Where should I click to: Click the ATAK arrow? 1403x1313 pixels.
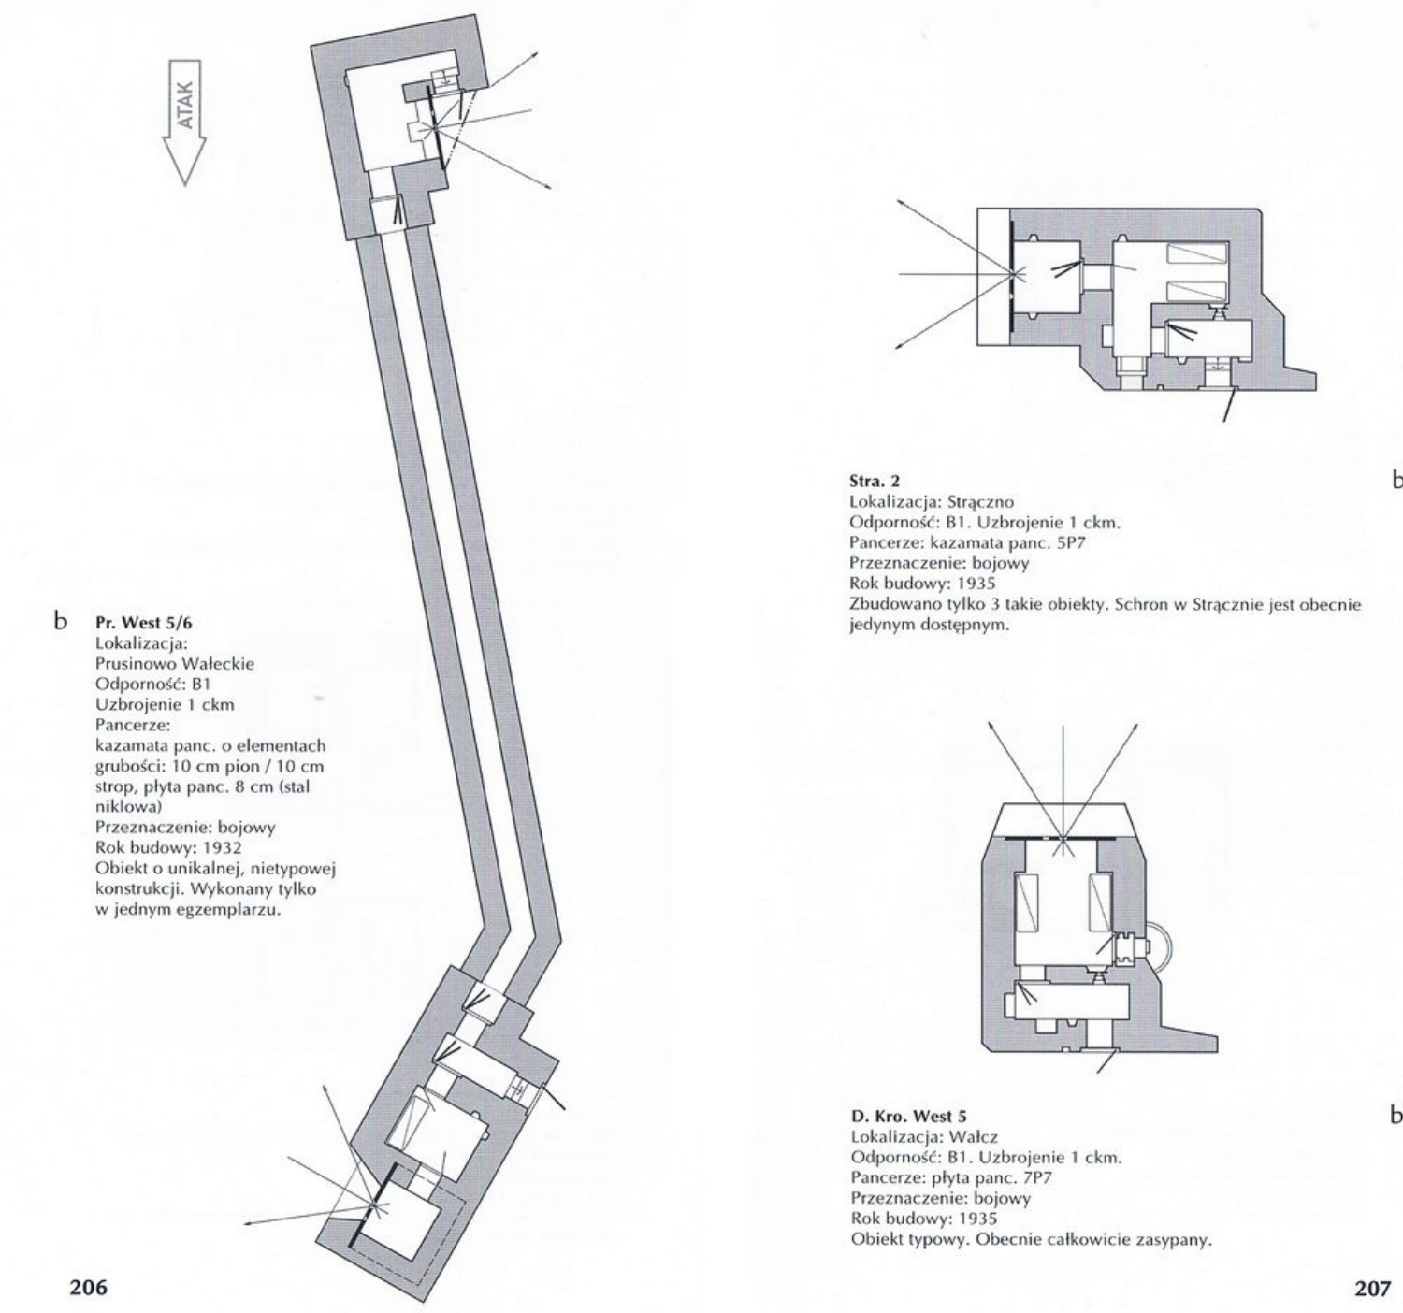pyautogui.click(x=185, y=122)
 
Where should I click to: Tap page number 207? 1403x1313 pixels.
pyautogui.click(x=1372, y=1287)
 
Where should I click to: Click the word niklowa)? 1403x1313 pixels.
pyautogui.click(x=122, y=804)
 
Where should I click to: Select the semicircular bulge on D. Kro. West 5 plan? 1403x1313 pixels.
pyautogui.click(x=1160, y=947)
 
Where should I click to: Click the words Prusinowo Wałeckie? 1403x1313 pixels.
pyautogui.click(x=175, y=664)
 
